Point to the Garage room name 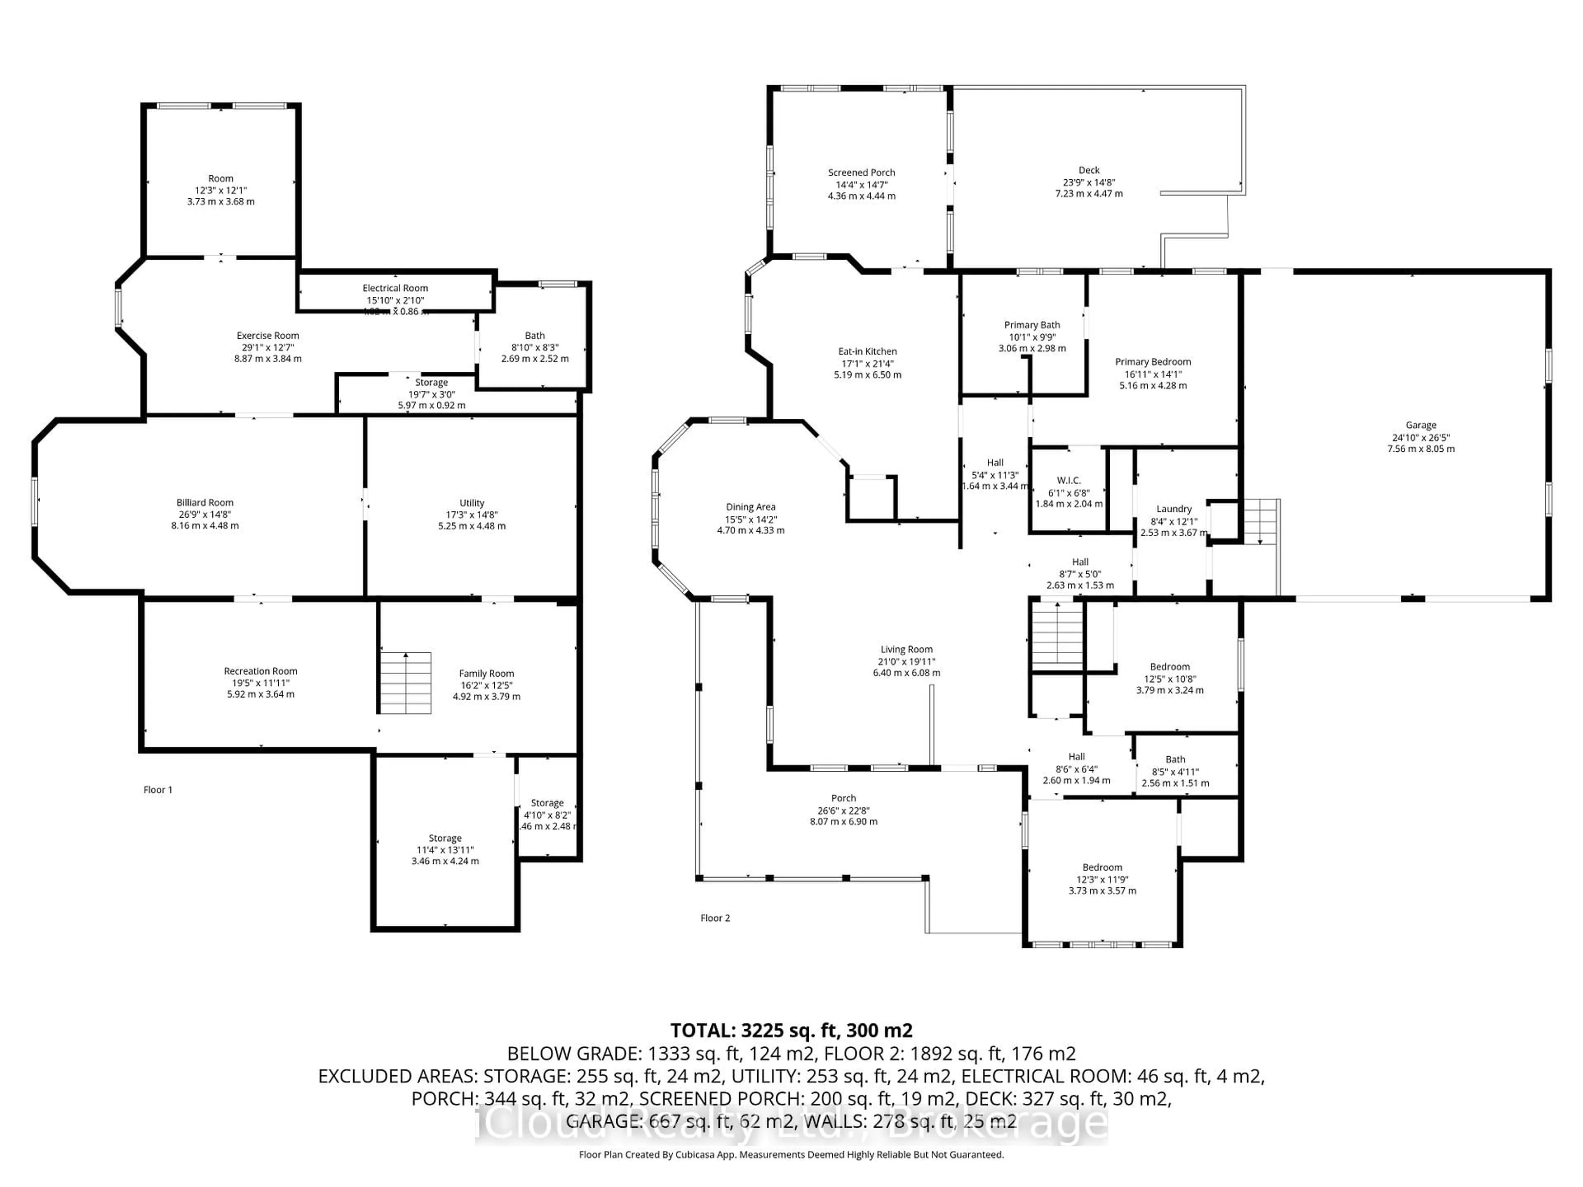(1421, 425)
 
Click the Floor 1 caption (158, 790)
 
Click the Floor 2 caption (715, 918)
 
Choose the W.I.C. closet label (1069, 480)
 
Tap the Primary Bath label (1032, 325)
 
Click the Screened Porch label (862, 172)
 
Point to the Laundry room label (1174, 509)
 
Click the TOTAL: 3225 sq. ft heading (791, 1030)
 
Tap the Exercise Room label (268, 335)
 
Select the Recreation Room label (261, 671)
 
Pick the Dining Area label (751, 507)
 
